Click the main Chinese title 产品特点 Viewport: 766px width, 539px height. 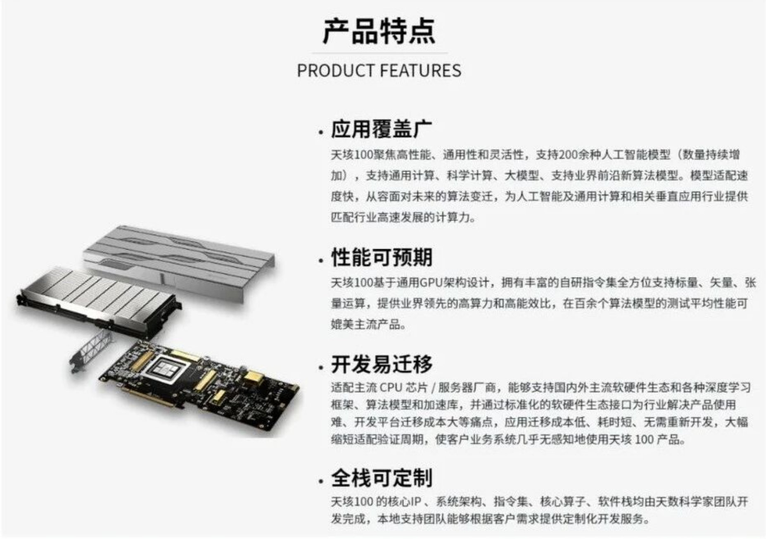coord(379,31)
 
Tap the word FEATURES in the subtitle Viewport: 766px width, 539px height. coord(420,71)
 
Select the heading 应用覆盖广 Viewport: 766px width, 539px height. coord(381,129)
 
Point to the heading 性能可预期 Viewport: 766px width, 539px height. coord(382,258)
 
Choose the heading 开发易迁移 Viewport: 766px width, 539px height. coord(382,364)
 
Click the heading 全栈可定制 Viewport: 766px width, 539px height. coord(382,478)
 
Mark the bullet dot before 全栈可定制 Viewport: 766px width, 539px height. coord(321,482)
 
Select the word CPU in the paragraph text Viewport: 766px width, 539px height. coord(391,388)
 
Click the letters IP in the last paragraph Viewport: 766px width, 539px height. coord(415,502)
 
